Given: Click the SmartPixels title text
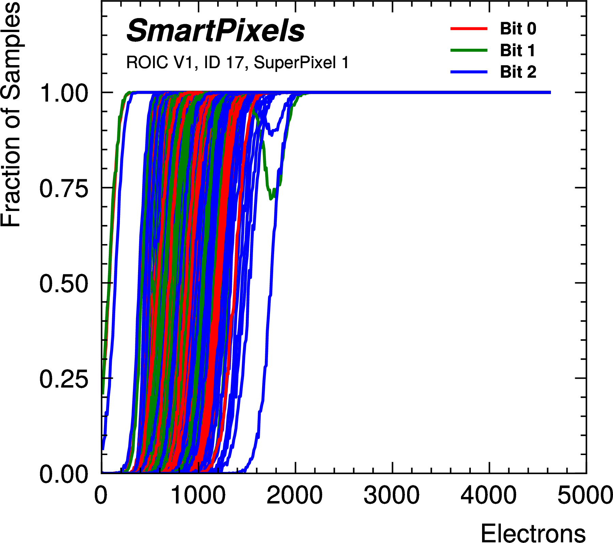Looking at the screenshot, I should pos(215,31).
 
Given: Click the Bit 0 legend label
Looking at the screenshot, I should pos(518,29).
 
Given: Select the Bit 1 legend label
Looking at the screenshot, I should pos(517,50).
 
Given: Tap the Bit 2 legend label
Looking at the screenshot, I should pos(518,72).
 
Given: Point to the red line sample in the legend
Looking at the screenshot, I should pos(469,29).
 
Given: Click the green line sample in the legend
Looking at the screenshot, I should pos(469,50).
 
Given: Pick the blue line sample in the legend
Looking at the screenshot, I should pos(469,72).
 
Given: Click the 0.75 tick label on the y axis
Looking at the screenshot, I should pos(64,188).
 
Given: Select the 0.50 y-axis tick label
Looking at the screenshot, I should pos(64,284).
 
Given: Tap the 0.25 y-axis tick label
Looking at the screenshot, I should pos(64,379).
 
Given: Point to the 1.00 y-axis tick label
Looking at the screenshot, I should pos(64,93).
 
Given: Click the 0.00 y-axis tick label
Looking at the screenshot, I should pos(64,474).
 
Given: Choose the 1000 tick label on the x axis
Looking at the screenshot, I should pos(198,495).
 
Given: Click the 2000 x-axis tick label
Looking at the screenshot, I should pos(295,495).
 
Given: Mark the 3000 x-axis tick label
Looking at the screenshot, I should pos(392,495).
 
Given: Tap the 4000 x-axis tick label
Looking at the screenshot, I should pos(489,495).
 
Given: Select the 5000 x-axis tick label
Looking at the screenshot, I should pos(585,495).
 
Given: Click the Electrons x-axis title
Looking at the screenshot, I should pos(533,532).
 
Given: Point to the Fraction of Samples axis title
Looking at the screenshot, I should pos(11,114).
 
